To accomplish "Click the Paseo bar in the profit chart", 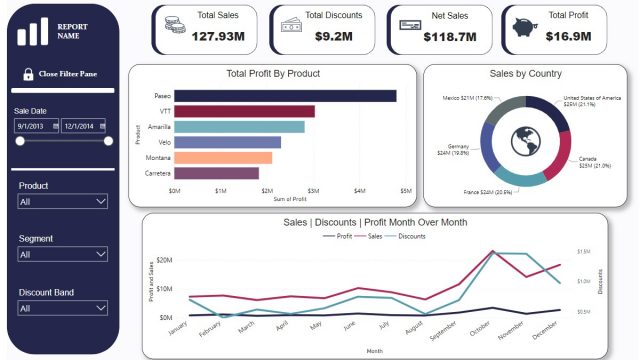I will tap(285, 96).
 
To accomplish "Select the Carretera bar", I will tap(217, 173).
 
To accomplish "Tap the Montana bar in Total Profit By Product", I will tap(223, 158).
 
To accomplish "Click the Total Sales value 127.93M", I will tap(219, 36).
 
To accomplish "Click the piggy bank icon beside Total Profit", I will tap(523, 27).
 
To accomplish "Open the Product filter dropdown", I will tap(63, 201).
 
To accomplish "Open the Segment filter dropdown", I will tap(63, 255).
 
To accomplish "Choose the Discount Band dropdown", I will tap(63, 309).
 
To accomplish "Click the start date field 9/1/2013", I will tap(37, 126).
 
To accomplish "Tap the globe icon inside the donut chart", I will tap(525, 141).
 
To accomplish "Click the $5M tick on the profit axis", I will tap(405, 190).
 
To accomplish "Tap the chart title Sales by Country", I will tap(525, 74).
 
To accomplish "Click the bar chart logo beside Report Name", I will tap(32, 31).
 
